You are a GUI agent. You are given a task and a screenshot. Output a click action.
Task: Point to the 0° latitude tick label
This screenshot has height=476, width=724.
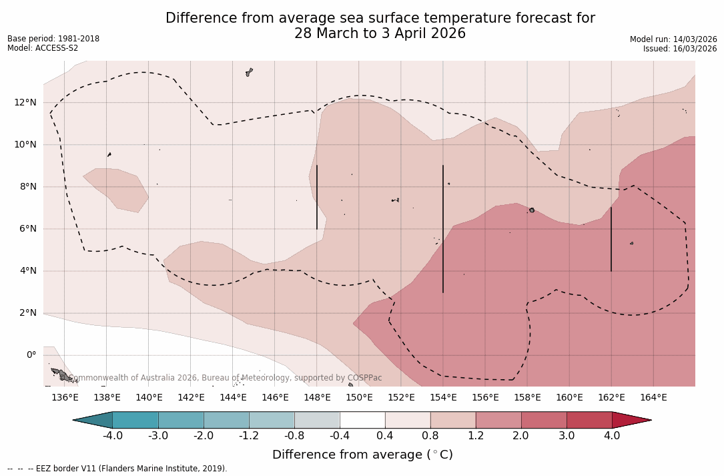tap(31, 355)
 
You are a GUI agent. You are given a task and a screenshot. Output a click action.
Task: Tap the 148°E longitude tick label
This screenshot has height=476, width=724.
tap(317, 398)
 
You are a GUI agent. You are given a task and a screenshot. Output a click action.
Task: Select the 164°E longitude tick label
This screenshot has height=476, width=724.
tap(653, 398)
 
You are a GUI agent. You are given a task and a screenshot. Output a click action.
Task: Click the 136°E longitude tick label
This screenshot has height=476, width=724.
tap(65, 398)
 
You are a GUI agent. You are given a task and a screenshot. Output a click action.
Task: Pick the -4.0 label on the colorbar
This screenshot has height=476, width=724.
tap(112, 436)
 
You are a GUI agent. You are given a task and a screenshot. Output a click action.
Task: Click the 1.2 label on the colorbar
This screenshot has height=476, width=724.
tap(475, 436)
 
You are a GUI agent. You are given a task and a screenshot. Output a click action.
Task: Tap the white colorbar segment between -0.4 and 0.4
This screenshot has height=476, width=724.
tap(362, 420)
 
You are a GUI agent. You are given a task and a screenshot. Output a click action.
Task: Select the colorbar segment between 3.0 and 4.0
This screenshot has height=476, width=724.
tap(589, 420)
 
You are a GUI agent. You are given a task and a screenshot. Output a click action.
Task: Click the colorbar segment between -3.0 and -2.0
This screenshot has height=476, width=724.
tap(181, 420)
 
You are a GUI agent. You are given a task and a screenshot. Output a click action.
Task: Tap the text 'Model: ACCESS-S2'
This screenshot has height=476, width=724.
tap(43, 48)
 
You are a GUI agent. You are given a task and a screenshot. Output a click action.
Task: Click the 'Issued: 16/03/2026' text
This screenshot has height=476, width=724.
tap(679, 49)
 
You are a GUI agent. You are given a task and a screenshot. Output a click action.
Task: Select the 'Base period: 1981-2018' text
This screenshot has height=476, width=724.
tap(53, 39)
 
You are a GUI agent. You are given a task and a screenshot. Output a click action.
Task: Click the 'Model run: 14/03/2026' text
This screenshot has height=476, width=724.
tap(673, 39)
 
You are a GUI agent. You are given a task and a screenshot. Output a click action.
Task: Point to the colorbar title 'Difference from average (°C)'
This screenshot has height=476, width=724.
tap(362, 455)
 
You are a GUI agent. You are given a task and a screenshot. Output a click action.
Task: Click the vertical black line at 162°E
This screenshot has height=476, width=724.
tap(611, 239)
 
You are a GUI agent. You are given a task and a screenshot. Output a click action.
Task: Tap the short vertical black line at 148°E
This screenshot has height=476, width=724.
tap(317, 197)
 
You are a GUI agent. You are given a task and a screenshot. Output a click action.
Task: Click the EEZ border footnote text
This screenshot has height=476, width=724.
tap(117, 469)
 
